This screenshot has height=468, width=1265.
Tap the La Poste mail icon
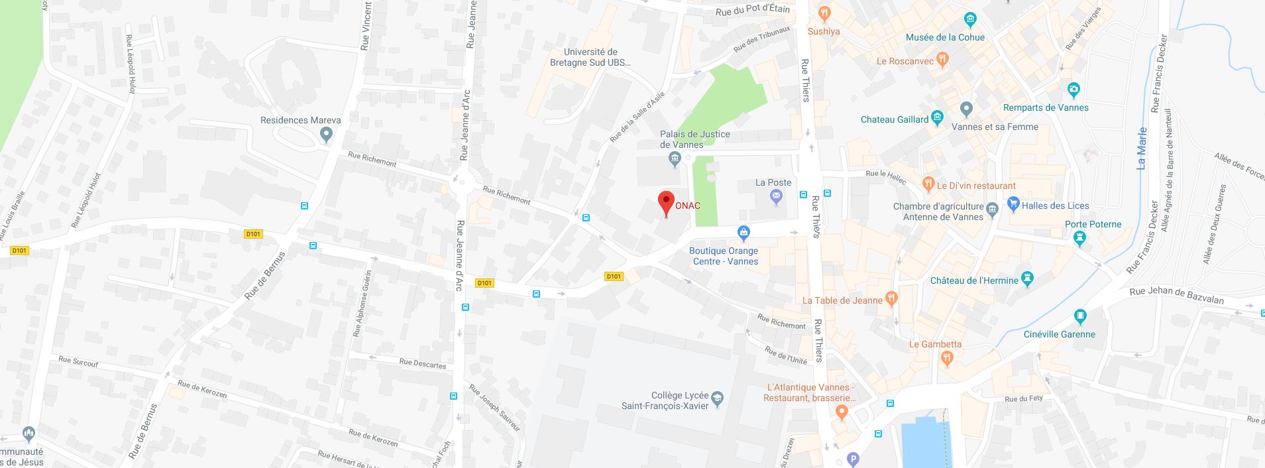click(777, 196)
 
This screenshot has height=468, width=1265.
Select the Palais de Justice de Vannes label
click(694, 139)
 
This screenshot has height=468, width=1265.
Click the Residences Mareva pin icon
click(325, 135)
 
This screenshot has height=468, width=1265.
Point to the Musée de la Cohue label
click(945, 37)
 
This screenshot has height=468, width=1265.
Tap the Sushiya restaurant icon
click(824, 13)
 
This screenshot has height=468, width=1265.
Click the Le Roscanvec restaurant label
click(905, 61)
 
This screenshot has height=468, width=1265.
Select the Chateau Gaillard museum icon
click(937, 119)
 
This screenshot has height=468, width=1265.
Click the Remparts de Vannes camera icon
click(1073, 89)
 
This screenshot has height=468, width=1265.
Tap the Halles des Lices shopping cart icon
click(1013, 204)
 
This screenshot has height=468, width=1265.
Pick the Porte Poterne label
click(1093, 224)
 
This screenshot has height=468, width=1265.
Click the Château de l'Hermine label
click(974, 280)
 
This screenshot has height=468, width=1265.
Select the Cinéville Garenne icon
click(1081, 317)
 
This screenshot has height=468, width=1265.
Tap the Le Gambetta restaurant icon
click(947, 359)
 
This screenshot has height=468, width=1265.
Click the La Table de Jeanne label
click(842, 300)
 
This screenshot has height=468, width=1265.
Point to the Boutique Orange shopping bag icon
click(743, 233)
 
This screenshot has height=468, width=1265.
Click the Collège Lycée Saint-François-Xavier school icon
click(717, 399)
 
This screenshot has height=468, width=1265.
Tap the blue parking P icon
click(853, 459)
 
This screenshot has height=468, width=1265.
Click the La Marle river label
click(1141, 148)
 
